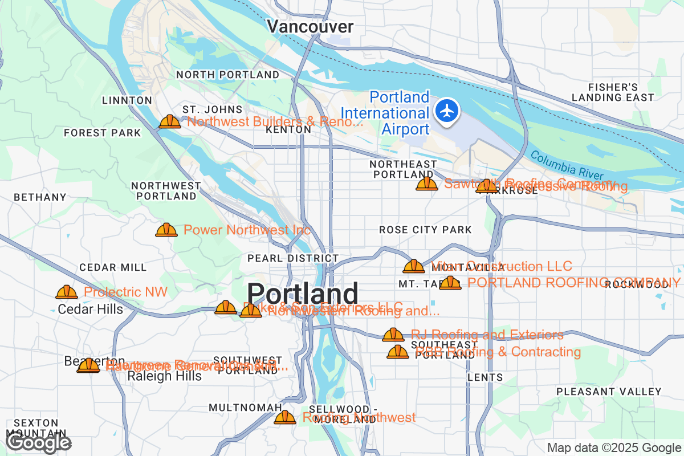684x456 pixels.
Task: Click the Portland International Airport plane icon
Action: [x=447, y=110]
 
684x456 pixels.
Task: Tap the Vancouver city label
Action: [x=310, y=27]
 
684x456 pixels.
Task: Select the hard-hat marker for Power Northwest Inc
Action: [x=166, y=230]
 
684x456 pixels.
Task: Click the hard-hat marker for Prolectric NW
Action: [x=67, y=292]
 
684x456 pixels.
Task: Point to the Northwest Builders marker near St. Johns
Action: [x=169, y=122]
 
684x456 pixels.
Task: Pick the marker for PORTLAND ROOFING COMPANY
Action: [x=450, y=283]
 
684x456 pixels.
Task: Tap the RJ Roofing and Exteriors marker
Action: [x=393, y=335]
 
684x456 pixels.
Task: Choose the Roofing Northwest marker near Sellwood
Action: [x=285, y=418]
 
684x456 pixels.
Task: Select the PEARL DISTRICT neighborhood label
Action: [x=293, y=258]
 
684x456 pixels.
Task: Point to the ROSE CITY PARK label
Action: [x=425, y=230]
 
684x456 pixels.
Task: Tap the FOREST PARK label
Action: [x=102, y=133]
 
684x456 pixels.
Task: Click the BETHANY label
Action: [x=40, y=197]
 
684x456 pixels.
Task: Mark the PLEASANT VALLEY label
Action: [x=609, y=392]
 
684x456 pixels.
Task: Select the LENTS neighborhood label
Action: [x=485, y=377]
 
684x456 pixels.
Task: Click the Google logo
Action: [x=39, y=442]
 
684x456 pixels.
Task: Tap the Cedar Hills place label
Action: [x=91, y=310]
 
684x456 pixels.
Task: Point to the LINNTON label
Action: [x=127, y=100]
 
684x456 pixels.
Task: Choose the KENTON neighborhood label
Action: [x=288, y=130]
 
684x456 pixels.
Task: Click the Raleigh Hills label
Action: [x=164, y=377]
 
